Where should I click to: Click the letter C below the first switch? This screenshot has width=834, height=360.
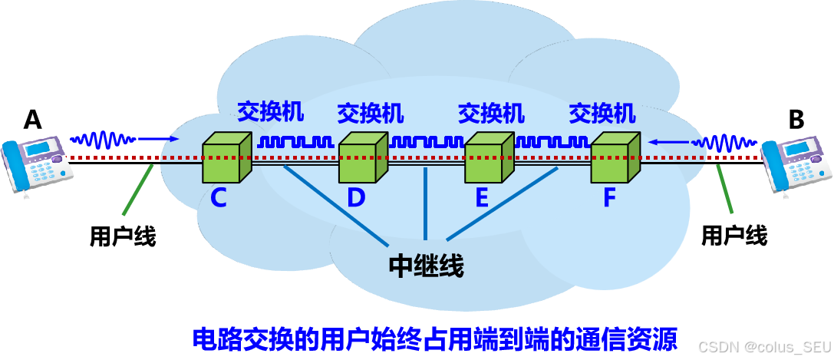(219, 198)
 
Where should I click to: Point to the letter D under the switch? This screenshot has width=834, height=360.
(355, 198)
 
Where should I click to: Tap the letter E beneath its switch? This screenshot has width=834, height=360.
(482, 198)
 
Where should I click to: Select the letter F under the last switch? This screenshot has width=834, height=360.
(609, 198)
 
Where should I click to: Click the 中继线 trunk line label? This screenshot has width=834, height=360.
(426, 266)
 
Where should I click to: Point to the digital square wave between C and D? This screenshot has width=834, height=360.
(295, 142)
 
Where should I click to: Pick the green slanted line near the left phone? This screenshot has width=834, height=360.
(135, 196)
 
